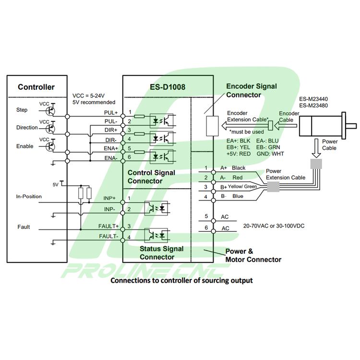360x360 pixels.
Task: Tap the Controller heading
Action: (36, 87)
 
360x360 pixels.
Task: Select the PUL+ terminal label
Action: (111, 113)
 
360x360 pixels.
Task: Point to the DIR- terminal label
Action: (111, 140)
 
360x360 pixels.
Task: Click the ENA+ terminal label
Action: (111, 149)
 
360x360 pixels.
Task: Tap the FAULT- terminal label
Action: (108, 236)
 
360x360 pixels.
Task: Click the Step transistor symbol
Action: (52, 110)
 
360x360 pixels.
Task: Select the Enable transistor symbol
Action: (52, 146)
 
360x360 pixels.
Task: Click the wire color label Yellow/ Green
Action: (242, 187)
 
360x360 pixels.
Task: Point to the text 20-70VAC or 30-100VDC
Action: (274, 225)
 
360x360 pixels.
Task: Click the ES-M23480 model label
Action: (313, 106)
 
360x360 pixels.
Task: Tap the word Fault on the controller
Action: (24, 227)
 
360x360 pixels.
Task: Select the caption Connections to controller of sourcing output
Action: (181, 280)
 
